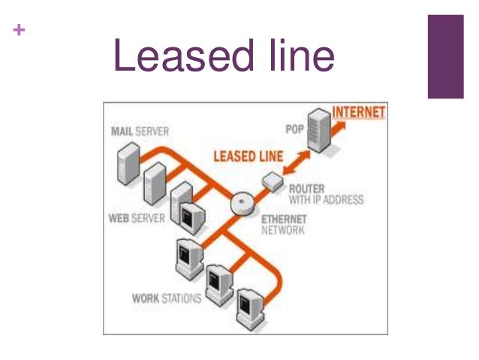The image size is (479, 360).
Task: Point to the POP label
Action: coord(294,130)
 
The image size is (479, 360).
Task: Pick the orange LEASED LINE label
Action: coord(248,157)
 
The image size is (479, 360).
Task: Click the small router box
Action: coord(271,180)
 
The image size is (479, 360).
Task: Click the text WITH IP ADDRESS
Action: coord(326,200)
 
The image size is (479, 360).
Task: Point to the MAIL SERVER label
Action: coord(140,132)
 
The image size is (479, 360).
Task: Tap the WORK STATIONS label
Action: coord(167,298)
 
